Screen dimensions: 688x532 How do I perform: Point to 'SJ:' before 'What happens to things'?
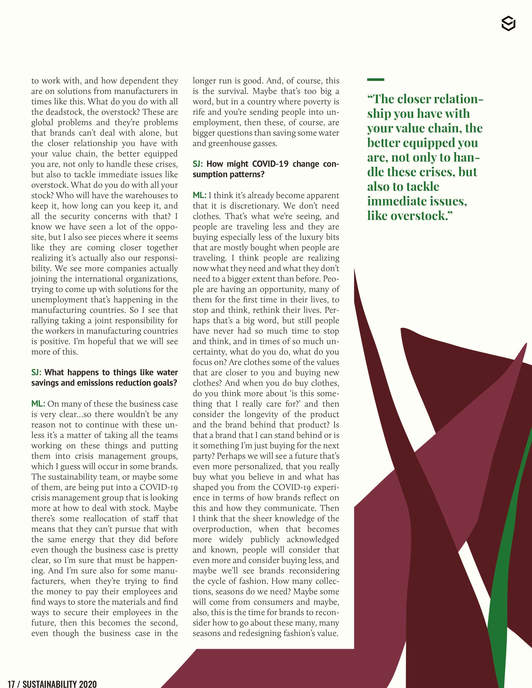pyautogui.click(x=36, y=372)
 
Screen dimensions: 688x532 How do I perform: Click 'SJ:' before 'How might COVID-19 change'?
pyautogui.click(x=198, y=164)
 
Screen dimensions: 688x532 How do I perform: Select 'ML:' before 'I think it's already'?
pyautogui.click(x=199, y=195)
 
